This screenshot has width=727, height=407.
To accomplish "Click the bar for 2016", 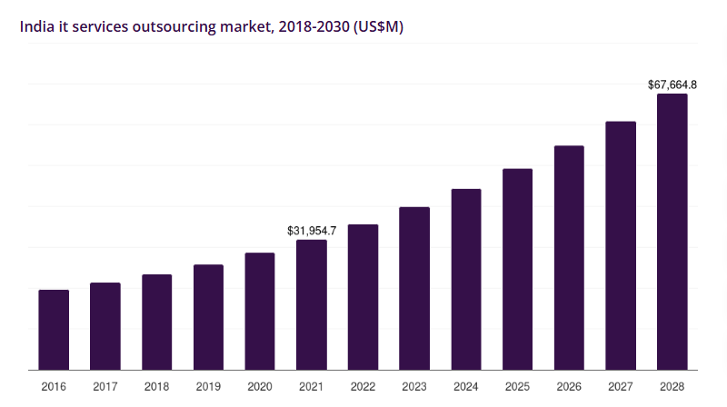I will [x=54, y=330].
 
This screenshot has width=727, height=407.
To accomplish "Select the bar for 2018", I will [x=157, y=323].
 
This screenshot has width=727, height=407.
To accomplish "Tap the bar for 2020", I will [x=260, y=312].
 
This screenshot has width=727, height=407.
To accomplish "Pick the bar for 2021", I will [x=312, y=305].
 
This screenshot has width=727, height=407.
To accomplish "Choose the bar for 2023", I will [x=414, y=289].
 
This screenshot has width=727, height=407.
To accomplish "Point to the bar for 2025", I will [x=517, y=270].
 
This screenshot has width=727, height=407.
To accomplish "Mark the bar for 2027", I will [x=621, y=246].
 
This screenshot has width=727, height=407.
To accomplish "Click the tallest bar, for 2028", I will [x=672, y=232].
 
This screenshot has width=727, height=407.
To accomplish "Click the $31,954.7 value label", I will [x=312, y=231].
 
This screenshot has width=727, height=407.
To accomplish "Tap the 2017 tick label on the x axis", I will [x=105, y=386].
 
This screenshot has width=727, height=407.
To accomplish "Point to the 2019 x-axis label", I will [x=208, y=386].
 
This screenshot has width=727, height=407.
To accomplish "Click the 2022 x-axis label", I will [x=363, y=386].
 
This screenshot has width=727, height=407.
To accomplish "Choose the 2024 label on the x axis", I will [x=466, y=386].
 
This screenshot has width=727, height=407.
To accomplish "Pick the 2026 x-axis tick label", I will [x=569, y=386].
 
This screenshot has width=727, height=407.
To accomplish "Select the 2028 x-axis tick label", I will [x=672, y=386].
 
